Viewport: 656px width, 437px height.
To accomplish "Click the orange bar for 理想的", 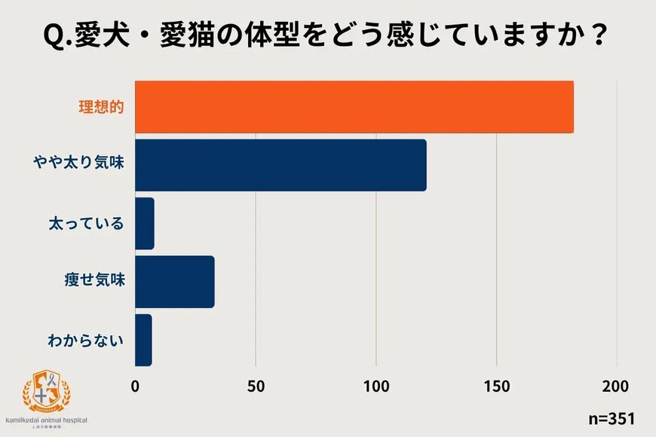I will (x=354, y=106).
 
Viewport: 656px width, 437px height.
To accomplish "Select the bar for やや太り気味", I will (x=280, y=165).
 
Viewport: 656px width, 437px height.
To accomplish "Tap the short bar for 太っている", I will (x=145, y=224).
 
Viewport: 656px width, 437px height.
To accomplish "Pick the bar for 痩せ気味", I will (x=175, y=282).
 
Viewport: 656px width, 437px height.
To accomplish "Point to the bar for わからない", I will (x=143, y=340).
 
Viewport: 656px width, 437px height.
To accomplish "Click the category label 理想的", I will (x=102, y=106).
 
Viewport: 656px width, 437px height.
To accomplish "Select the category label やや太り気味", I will (x=78, y=165).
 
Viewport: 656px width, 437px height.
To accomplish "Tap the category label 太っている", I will (x=86, y=224).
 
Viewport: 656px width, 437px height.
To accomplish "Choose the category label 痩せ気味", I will (x=93, y=282).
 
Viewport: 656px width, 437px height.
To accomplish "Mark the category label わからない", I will (x=86, y=340).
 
